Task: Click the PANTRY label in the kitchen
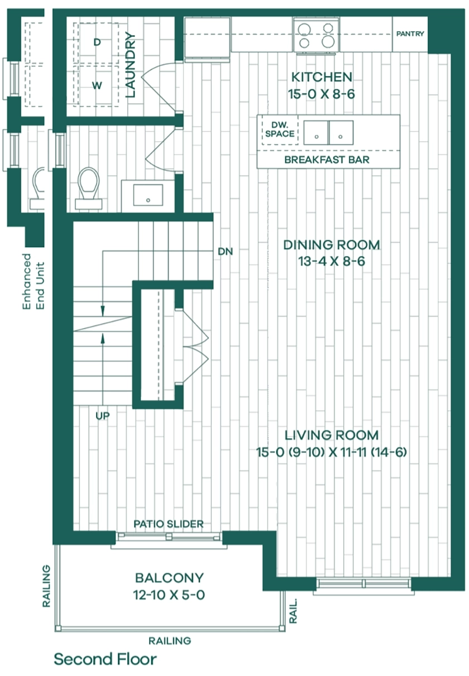coord(410,34)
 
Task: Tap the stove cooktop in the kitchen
coord(316,35)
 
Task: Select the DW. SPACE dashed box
coord(280,130)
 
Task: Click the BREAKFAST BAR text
coord(327,160)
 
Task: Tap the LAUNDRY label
coord(131,65)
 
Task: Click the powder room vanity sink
coord(148,195)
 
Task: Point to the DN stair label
coord(225,251)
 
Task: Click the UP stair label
coord(102,416)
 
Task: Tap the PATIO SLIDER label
coord(169,524)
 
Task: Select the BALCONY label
coord(169,578)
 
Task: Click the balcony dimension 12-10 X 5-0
coord(169,595)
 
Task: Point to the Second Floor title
coord(105,659)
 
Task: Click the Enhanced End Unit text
coord(33,281)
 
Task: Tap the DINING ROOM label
coord(332,244)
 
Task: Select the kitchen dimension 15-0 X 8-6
coord(322,94)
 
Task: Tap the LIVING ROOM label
coord(332,435)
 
